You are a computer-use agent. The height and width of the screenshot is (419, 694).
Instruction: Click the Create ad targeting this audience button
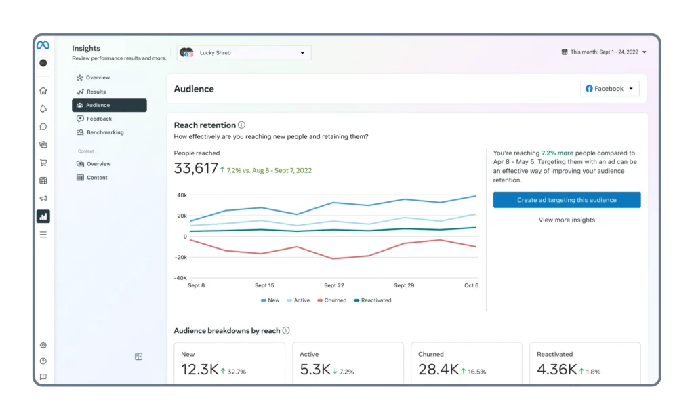tap(567, 200)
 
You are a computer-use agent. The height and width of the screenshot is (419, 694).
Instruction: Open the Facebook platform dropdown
tap(609, 89)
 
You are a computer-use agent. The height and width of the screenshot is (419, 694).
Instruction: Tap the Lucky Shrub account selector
tap(244, 53)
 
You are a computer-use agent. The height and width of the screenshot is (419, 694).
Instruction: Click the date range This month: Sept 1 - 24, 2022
tap(604, 52)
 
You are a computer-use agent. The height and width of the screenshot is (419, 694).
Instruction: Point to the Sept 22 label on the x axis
tap(333, 285)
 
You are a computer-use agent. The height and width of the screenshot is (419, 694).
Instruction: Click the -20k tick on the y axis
tap(180, 258)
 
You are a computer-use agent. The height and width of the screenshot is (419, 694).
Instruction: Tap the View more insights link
tap(567, 220)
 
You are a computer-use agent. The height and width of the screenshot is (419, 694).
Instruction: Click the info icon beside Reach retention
tap(241, 125)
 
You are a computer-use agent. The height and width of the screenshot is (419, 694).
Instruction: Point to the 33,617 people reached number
tap(196, 168)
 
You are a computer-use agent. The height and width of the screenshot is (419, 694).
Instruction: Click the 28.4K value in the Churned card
tap(438, 369)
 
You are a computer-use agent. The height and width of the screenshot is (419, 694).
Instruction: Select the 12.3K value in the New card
tap(200, 369)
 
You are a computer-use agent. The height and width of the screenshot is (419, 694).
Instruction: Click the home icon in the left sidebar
tap(43, 91)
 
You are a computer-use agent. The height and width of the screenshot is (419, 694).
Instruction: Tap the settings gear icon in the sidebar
tap(43, 346)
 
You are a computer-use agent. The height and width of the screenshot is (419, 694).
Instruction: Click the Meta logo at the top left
tap(43, 45)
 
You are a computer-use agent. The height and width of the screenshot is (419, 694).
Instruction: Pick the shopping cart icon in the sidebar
tap(43, 163)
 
